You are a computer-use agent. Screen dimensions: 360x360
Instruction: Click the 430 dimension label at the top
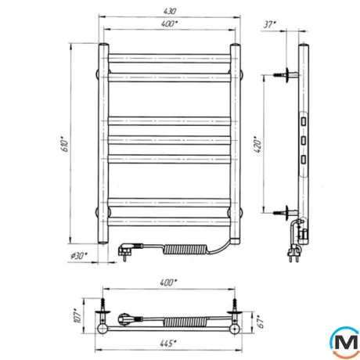[170, 11]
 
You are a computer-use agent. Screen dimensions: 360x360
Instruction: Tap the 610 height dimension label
[65, 144]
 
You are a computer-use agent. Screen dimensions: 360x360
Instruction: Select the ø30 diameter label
[79, 256]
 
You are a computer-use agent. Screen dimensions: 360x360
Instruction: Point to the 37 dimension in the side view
[269, 24]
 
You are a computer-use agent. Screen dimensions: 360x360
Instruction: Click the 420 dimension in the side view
[257, 144]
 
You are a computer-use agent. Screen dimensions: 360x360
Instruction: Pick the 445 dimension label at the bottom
[168, 344]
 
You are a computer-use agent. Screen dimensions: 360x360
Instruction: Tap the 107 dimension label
[78, 316]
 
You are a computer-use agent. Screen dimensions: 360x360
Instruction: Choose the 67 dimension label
[261, 322]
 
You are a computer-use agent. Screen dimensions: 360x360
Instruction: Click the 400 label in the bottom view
[168, 283]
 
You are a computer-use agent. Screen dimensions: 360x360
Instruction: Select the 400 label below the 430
[170, 23]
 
